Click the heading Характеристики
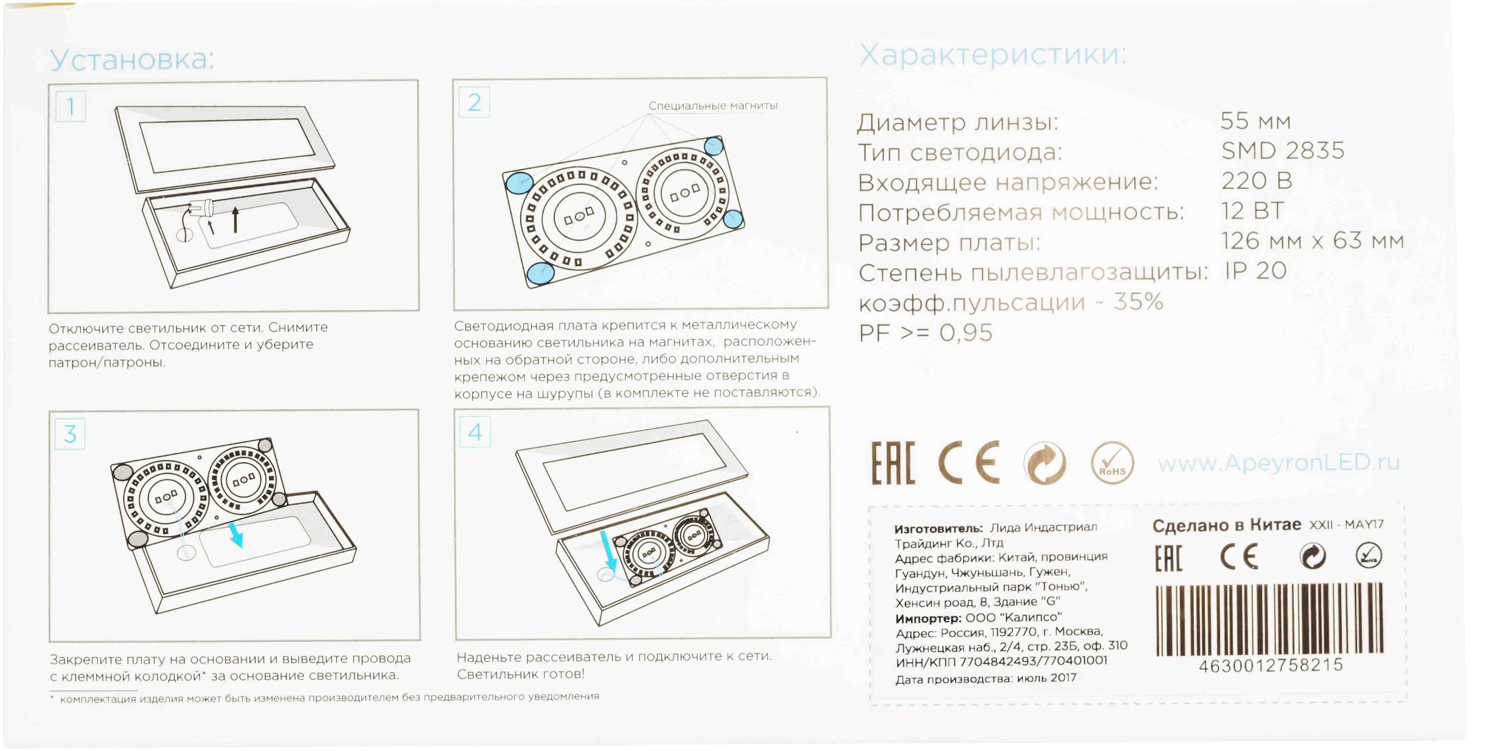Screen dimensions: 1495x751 click(992, 55)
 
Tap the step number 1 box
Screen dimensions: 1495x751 click(70, 106)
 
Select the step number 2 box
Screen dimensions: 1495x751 click(474, 103)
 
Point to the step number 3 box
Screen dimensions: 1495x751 click(70, 433)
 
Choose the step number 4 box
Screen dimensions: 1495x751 click(475, 431)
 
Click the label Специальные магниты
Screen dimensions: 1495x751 click(713, 105)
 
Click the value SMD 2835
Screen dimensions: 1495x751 click(1283, 151)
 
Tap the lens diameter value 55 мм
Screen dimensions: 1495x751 click(1255, 121)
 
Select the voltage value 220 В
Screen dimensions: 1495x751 click(1256, 181)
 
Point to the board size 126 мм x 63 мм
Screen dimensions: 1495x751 click(1312, 241)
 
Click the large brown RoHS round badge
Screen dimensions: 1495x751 click(1112, 463)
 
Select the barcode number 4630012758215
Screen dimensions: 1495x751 click(1271, 665)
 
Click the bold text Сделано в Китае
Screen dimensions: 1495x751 click(1226, 526)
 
